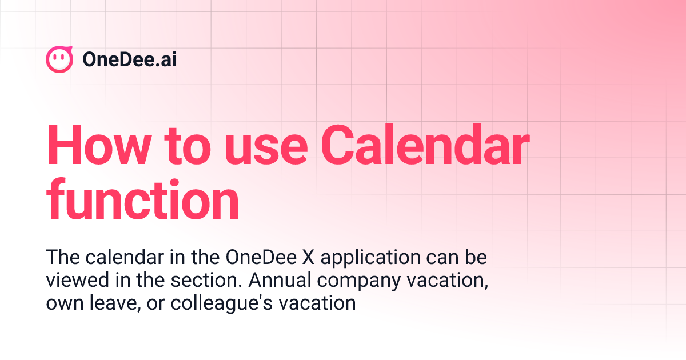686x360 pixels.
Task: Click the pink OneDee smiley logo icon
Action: click(59, 59)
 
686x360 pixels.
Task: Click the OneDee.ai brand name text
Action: click(129, 59)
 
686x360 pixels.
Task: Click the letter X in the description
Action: click(309, 258)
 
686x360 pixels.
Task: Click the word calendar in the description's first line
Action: click(112, 258)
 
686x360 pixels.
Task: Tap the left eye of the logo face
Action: click(55, 57)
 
